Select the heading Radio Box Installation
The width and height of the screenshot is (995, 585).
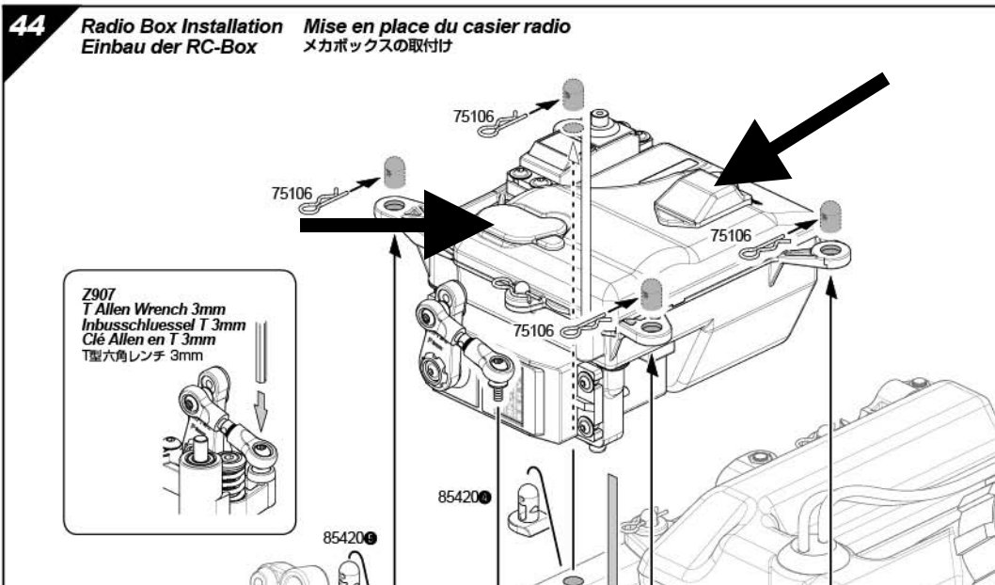182,26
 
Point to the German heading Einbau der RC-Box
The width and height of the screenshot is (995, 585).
169,46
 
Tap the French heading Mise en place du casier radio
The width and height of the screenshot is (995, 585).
437,27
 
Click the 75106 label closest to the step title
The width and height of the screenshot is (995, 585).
473,117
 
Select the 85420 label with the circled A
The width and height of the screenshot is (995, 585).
464,498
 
